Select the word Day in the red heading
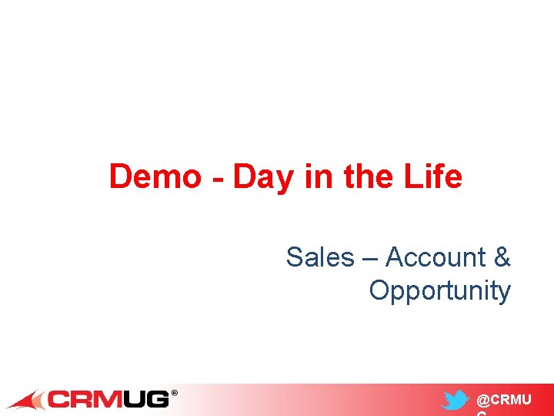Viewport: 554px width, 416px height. tap(262, 178)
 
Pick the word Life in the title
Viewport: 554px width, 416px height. tap(436, 176)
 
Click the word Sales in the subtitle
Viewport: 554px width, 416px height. tap(319, 257)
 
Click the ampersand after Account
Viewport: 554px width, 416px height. tap(502, 257)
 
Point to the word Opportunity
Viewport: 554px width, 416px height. tap(439, 291)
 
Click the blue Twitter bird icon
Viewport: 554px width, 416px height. tap(456, 401)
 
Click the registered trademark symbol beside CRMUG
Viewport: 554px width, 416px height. tap(174, 394)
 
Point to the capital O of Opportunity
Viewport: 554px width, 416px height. tap(379, 290)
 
